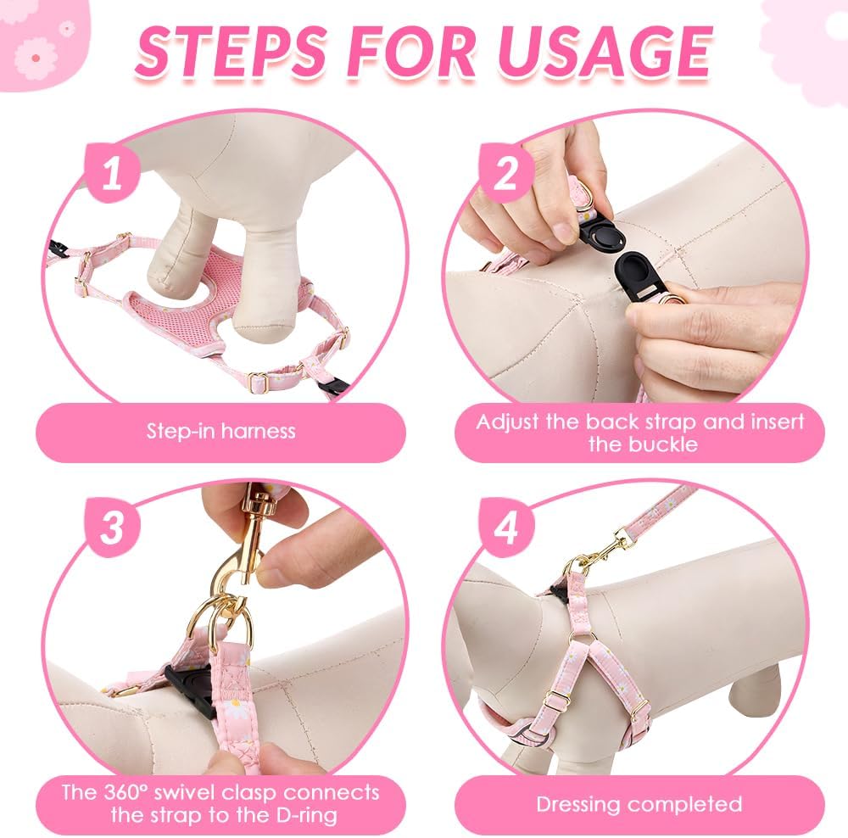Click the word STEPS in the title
(231, 52)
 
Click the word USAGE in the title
(605, 52)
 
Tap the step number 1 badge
(113, 173)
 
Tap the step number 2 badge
(506, 173)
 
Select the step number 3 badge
(113, 528)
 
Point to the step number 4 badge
(506, 528)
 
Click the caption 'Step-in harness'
(221, 431)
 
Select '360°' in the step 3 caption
(123, 792)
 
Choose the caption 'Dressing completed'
(639, 804)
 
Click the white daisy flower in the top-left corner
(35, 58)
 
